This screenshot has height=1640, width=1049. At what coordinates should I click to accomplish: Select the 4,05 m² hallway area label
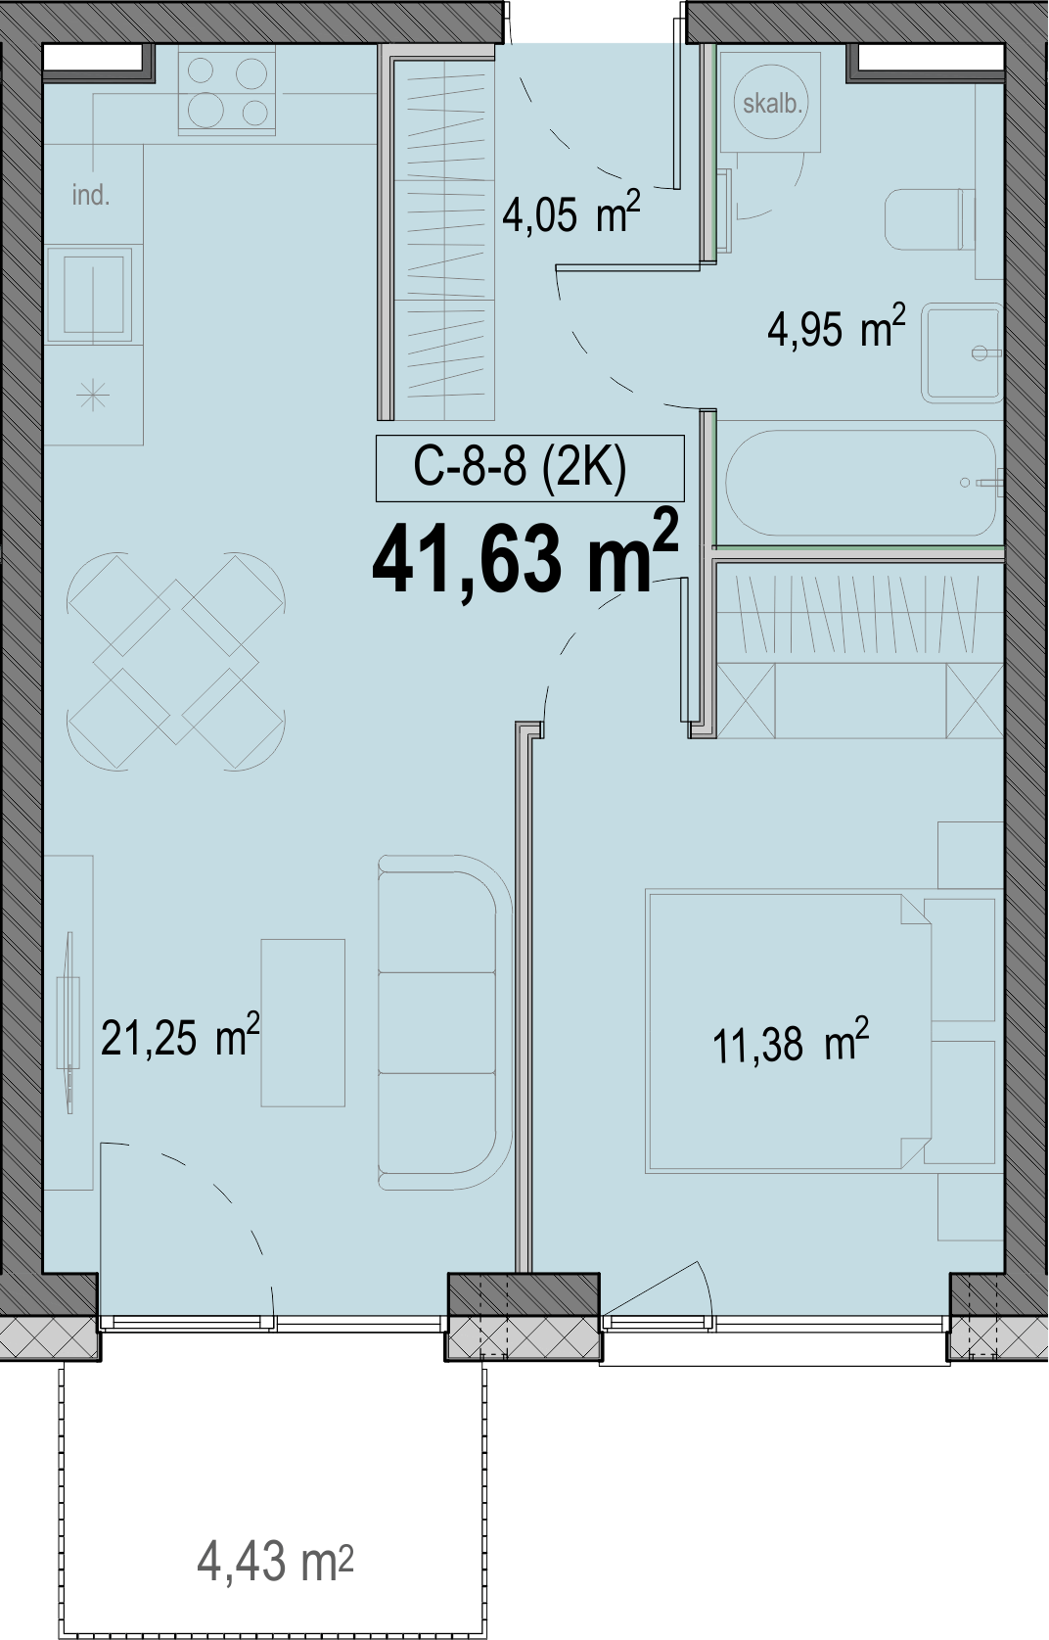click(570, 211)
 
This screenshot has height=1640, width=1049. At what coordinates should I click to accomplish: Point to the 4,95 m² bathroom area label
click(836, 327)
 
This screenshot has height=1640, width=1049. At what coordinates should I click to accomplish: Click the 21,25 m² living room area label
click(180, 1036)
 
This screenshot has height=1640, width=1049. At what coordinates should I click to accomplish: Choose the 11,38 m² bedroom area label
click(790, 1043)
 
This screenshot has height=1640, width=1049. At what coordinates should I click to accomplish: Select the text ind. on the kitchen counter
click(91, 195)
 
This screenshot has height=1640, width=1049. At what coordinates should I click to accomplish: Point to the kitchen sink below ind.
click(90, 296)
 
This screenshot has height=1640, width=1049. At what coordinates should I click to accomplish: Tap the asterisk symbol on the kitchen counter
click(93, 397)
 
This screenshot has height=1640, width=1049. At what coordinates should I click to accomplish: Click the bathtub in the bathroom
click(861, 484)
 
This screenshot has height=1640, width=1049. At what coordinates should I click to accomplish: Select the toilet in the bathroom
click(930, 219)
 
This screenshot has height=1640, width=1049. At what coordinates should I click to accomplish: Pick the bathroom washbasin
click(962, 352)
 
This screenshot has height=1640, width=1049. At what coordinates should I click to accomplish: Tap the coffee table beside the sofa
click(302, 1023)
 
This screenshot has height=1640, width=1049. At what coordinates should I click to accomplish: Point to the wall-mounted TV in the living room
click(68, 1022)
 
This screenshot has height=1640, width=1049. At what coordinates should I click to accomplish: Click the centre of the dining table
click(175, 661)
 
